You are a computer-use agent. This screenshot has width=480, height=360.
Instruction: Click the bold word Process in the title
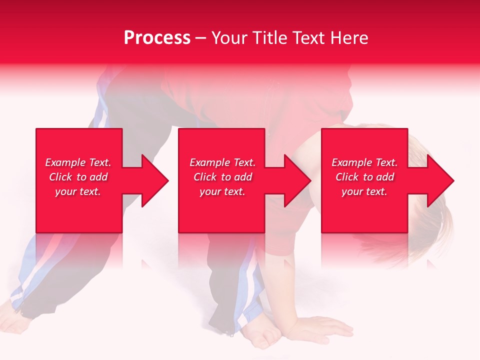point(157,38)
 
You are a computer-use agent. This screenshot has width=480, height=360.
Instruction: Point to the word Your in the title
point(228,38)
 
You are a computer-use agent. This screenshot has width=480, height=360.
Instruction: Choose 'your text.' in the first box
point(78,191)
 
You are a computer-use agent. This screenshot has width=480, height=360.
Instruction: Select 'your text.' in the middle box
point(222,191)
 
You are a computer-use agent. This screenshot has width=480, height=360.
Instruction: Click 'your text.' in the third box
point(364,191)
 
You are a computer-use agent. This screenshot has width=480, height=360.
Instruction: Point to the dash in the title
point(200,38)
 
